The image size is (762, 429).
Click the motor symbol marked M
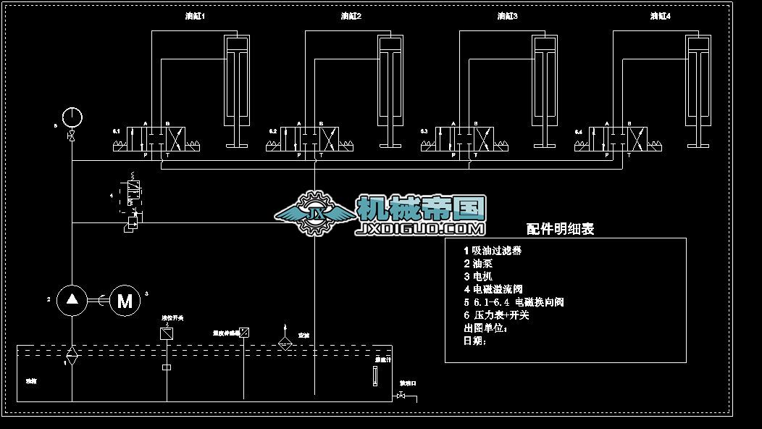coord(125,300)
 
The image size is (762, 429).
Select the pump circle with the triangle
coord(72,299)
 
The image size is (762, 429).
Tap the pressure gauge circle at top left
coord(72,116)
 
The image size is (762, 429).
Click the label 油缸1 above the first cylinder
coord(196,16)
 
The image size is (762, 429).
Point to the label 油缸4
coord(661,16)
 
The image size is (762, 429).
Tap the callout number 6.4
coord(578,132)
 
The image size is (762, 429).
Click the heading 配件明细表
coord(560,229)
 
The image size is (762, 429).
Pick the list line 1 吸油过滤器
coord(493,251)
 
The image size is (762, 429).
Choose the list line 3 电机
coord(478,277)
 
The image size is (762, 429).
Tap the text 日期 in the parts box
coord(474,341)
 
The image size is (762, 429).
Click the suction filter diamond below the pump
coord(72,354)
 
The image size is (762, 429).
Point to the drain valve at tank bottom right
coord(401,396)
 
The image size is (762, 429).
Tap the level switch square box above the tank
coord(167,333)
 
